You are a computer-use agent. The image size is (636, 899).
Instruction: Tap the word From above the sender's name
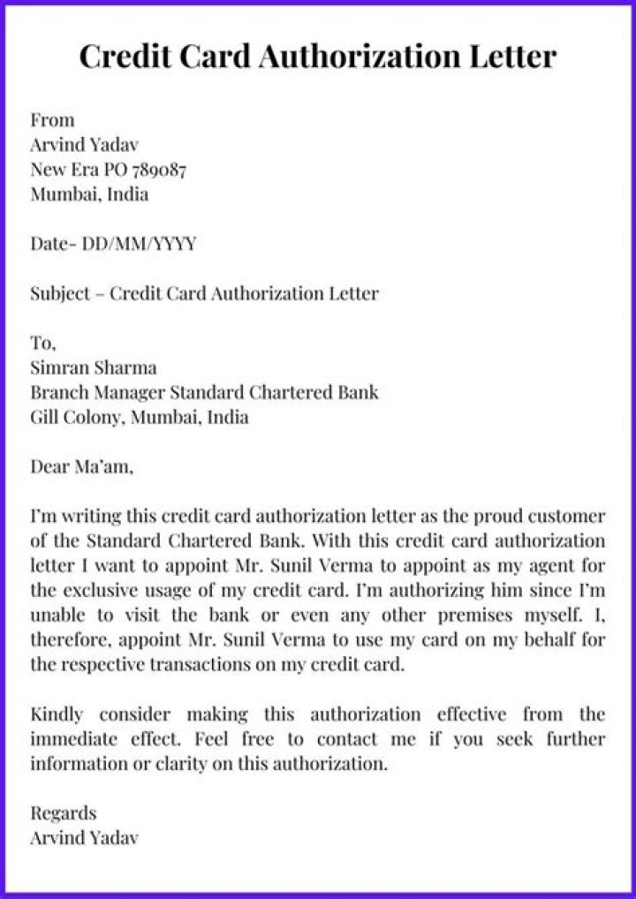(53, 119)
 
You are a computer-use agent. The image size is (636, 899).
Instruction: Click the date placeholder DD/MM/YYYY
(140, 243)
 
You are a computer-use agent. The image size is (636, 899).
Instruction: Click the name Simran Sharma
(94, 366)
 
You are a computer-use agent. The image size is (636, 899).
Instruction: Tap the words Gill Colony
(78, 416)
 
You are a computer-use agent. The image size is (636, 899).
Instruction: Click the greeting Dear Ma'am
(81, 465)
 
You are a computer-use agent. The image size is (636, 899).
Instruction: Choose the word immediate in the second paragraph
(75, 738)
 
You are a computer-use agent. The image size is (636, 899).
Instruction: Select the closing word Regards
(64, 812)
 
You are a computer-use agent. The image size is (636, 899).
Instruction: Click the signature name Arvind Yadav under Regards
(85, 837)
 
